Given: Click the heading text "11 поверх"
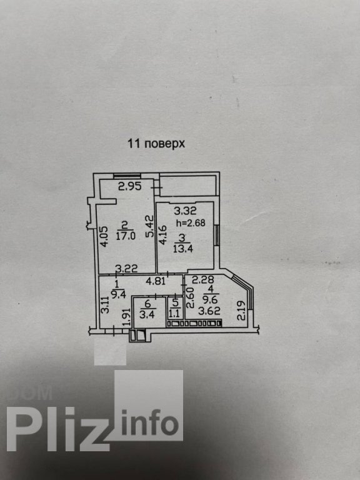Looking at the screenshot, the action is point(156,144).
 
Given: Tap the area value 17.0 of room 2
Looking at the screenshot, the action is point(126,236).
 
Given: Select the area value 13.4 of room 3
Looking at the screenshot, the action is point(182,248).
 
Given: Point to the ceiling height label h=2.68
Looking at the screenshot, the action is point(191,223).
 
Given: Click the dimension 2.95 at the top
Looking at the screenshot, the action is point(130,186).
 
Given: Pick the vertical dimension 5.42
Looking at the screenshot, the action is point(150,226).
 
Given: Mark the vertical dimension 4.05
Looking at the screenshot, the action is point(104,236).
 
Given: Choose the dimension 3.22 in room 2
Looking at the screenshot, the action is point(126,269).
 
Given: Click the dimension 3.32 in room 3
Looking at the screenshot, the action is point(186,211).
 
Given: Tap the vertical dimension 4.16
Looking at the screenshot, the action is point(162,235).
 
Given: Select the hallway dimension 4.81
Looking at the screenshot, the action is point(156,281).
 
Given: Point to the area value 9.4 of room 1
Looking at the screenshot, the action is point(119,294).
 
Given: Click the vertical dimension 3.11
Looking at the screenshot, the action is point(105,305).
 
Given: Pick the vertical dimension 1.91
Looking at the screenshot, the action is point(127,316).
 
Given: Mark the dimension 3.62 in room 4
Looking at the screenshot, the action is point(209,311).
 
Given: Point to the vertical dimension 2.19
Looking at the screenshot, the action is point(241,311).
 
